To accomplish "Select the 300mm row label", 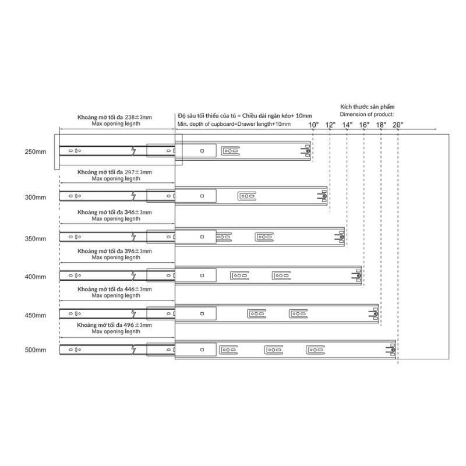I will (x=36, y=197).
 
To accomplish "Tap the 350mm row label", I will (x=36, y=239).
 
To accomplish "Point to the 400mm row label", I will (x=36, y=277).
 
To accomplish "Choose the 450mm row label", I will (x=36, y=315).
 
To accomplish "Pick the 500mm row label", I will (x=36, y=350).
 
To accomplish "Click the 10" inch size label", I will (x=313, y=125).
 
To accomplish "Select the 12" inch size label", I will (x=330, y=125).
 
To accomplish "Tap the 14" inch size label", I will (x=347, y=125).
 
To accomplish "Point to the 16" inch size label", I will (x=364, y=125).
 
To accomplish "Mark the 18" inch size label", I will (x=381, y=125).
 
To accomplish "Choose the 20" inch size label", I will (x=398, y=125).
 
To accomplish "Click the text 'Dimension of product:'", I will (x=367, y=115).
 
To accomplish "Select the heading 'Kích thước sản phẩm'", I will (x=368, y=108).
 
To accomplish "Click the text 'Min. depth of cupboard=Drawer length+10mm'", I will (x=234, y=124).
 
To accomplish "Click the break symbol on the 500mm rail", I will (x=133, y=349).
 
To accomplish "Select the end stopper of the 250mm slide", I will (x=305, y=152).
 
